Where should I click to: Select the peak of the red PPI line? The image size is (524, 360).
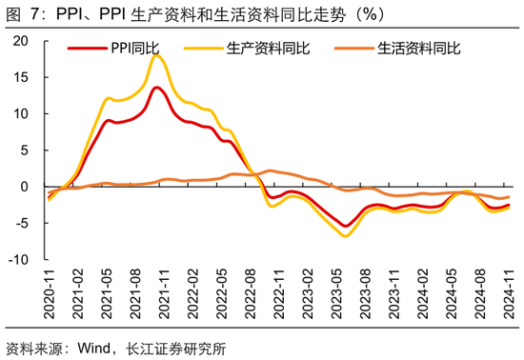(x=156, y=88)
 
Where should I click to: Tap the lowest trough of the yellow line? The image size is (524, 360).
(x=345, y=235)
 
